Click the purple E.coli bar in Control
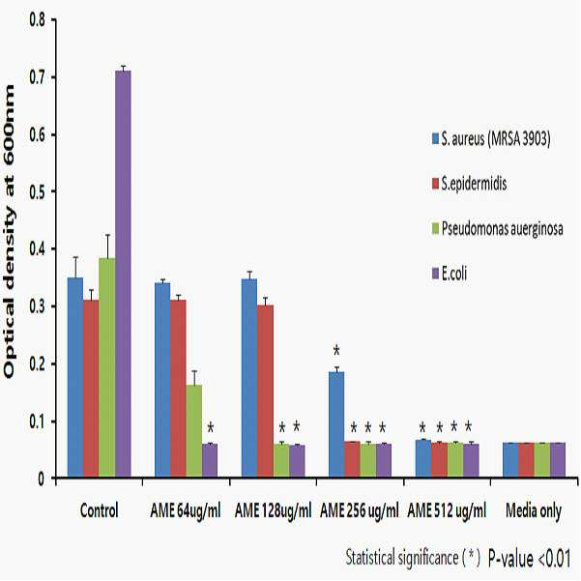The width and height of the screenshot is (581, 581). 123,274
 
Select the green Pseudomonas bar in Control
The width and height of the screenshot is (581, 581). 107,367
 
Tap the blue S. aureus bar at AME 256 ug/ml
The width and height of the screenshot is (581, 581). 336,424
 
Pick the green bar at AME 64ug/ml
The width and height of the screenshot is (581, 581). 193,431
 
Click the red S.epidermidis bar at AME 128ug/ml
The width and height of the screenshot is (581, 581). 265,391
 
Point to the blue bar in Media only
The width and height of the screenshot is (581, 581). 510,460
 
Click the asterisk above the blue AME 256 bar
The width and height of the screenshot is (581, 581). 336,350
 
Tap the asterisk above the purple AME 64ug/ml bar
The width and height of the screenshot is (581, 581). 211,428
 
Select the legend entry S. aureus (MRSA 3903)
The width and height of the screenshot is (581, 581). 491,139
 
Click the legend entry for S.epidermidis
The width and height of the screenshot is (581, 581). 469,184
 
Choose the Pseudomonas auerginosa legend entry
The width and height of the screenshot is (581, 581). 497,228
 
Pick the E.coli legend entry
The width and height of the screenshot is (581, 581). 450,274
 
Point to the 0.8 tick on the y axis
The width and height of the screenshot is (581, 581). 37,19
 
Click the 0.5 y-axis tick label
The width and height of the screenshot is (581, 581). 37,191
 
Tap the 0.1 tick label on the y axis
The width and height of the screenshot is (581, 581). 37,421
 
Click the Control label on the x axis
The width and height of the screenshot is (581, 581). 99,510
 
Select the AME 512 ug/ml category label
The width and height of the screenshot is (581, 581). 447,511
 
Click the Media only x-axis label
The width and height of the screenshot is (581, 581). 534,511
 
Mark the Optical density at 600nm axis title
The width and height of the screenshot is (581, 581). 9,232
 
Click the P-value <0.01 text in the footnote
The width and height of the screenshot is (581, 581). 529,559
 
